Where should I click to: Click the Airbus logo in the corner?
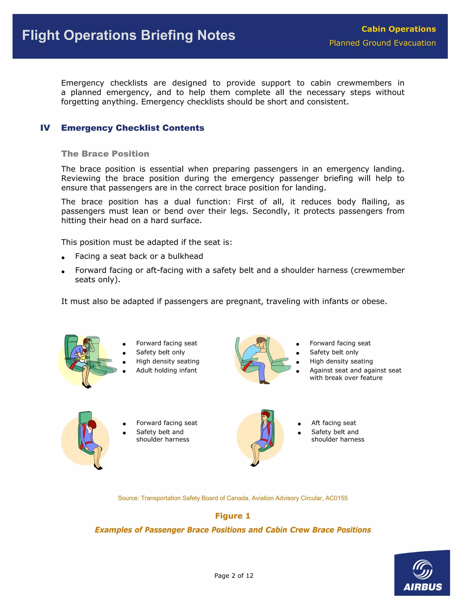point(422,573)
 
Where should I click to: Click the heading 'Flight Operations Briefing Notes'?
point(129,35)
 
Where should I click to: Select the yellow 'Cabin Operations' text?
point(398,29)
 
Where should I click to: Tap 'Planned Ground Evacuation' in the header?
point(383,43)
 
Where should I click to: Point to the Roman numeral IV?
point(45,128)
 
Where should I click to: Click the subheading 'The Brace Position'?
point(105,154)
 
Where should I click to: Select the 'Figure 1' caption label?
point(233,516)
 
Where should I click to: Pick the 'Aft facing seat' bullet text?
point(334,423)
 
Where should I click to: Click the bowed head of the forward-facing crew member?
point(92,425)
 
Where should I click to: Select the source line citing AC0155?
point(233,498)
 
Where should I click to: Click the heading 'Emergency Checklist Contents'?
point(132,128)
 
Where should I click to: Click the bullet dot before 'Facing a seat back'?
point(63,258)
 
